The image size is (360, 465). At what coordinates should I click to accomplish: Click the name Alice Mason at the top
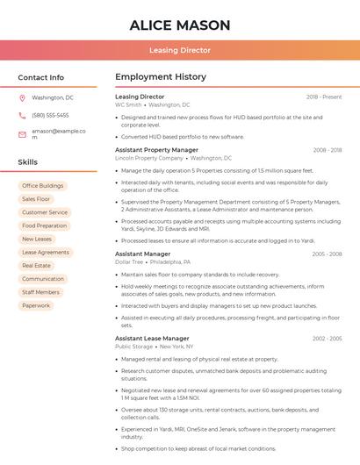coord(180,25)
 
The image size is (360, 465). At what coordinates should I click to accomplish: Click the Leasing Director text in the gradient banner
coord(180,50)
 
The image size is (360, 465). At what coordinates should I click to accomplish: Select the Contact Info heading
coord(41,77)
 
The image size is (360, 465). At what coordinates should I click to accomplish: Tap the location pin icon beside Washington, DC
coord(22,97)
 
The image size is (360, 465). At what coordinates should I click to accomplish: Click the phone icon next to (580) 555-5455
coord(22,115)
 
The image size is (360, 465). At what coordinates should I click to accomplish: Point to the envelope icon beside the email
coord(22,134)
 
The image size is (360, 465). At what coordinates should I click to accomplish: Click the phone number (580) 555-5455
coord(50,115)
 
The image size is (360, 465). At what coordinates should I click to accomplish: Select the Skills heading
coord(28,162)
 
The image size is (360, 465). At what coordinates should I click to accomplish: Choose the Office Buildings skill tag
coord(42,186)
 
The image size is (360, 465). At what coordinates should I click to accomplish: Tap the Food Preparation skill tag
coord(44,225)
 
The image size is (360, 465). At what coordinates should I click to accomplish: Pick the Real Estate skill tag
coord(36,265)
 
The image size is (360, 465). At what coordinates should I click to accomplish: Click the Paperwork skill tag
coord(36,305)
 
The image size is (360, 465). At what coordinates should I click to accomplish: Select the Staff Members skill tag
coord(40,292)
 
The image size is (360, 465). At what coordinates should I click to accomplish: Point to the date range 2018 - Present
coord(324,97)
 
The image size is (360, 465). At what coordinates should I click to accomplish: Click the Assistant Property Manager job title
coord(156,150)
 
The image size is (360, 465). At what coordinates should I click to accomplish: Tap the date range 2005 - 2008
coord(327,254)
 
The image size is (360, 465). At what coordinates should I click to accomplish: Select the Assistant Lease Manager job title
coord(152,338)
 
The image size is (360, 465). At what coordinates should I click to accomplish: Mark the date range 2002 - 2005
coord(327,338)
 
